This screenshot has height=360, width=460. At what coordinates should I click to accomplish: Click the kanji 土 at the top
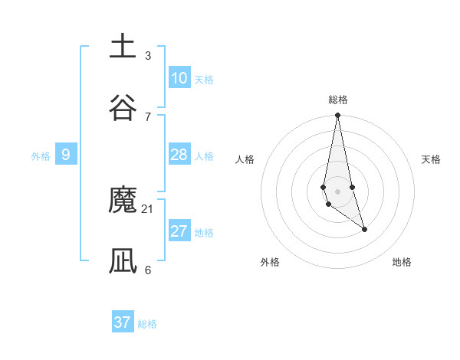tap(123, 46)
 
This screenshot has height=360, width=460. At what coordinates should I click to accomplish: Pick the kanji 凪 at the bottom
tap(123, 260)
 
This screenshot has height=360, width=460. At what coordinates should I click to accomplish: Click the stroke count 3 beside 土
tap(148, 55)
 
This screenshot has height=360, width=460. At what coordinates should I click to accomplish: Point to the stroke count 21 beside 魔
tap(148, 208)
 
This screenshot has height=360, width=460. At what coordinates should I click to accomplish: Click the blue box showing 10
tap(179, 78)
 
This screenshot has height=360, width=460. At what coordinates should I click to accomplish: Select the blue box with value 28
tap(179, 155)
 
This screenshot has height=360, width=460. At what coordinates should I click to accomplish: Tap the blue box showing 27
tap(179, 231)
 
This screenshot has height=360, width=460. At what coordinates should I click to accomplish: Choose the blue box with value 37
tap(123, 322)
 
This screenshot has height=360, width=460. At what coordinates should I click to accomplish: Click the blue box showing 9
tap(66, 155)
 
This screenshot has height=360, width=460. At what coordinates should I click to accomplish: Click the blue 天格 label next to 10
tap(204, 80)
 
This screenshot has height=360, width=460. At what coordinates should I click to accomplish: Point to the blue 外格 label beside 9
tap(41, 156)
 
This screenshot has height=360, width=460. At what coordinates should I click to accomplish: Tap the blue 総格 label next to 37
tap(147, 324)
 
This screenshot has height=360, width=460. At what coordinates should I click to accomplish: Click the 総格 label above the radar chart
tap(338, 100)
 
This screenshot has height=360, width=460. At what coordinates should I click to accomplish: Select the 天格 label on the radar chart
tap(432, 159)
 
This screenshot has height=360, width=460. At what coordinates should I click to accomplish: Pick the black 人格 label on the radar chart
tap(245, 159)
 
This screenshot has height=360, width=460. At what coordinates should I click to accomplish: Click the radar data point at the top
tap(337, 116)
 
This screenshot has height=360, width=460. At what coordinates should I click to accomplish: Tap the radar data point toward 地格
tap(364, 229)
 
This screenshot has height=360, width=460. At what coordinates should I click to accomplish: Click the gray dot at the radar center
tap(337, 191)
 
